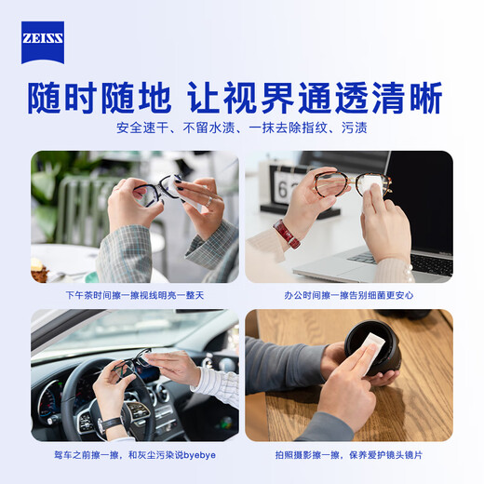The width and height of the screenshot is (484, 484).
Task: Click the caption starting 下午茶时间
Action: pyautogui.click(x=135, y=295)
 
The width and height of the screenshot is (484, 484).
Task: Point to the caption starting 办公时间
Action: pyautogui.click(x=349, y=295)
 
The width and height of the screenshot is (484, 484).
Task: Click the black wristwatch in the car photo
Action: pyautogui.click(x=110, y=423)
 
